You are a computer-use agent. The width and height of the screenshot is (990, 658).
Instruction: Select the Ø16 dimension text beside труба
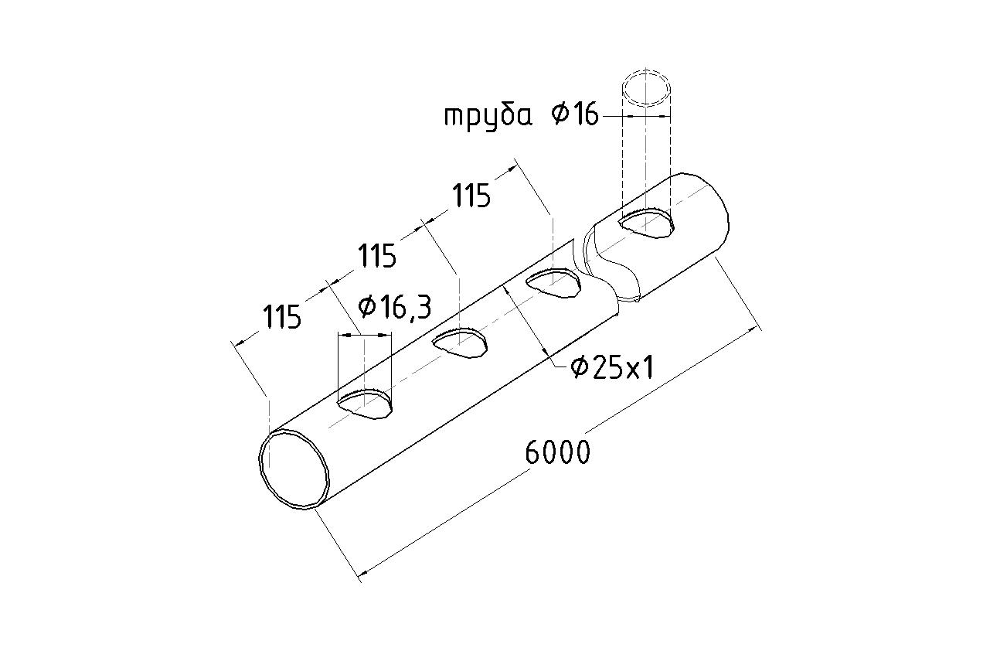(x=574, y=115)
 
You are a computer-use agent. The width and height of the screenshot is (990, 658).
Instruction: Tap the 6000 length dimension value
(x=558, y=452)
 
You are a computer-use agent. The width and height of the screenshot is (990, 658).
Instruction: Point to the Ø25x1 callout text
(x=612, y=368)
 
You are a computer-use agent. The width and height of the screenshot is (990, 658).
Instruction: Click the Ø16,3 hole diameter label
(x=395, y=307)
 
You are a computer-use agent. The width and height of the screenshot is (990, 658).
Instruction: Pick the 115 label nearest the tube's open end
(x=281, y=316)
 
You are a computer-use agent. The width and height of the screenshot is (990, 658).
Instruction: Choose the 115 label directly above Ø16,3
(x=376, y=256)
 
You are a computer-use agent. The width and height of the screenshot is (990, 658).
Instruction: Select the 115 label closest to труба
(x=471, y=196)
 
